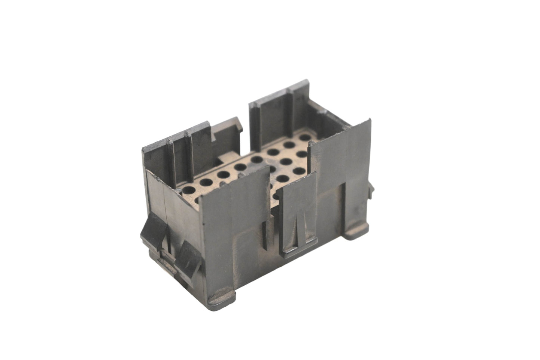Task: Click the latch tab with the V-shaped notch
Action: pos(299,220)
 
